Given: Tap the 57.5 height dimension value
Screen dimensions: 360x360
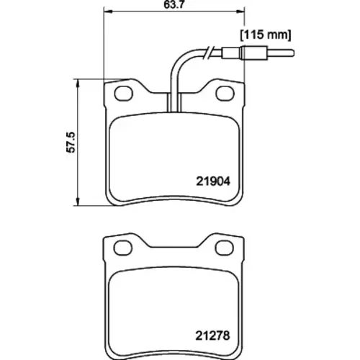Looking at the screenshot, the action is click(x=71, y=142).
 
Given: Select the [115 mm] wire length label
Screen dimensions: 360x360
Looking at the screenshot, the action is click(x=266, y=35).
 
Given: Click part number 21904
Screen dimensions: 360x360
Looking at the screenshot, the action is click(x=213, y=181).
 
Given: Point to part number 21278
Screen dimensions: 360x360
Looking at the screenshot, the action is click(x=212, y=336).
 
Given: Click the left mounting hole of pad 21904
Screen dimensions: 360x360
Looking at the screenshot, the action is click(x=123, y=94).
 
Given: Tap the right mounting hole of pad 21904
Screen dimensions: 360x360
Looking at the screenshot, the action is click(x=225, y=94).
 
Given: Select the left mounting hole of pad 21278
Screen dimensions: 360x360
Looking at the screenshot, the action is click(x=123, y=248).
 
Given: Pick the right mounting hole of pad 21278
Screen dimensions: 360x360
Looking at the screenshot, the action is click(x=225, y=248).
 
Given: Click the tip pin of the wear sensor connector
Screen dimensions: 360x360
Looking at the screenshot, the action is click(x=281, y=53).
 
